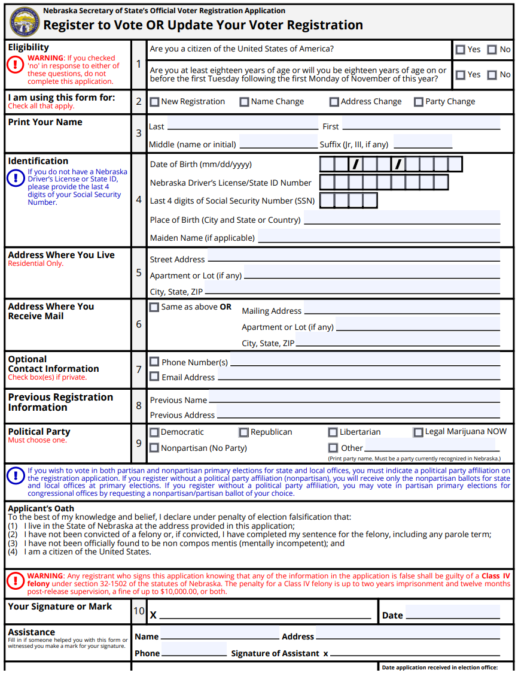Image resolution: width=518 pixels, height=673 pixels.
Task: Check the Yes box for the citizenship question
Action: pyautogui.click(x=460, y=50)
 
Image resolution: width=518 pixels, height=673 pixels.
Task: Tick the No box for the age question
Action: pyautogui.click(x=492, y=75)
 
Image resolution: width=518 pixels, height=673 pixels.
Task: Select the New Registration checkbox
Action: pyautogui.click(x=154, y=102)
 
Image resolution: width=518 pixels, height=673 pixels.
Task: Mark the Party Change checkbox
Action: pyautogui.click(x=419, y=102)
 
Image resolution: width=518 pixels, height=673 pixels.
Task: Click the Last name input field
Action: pyautogui.click(x=242, y=124)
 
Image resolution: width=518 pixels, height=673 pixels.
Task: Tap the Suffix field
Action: pyautogui.click(x=422, y=142)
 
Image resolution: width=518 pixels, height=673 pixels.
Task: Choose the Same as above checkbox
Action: pyautogui.click(x=154, y=307)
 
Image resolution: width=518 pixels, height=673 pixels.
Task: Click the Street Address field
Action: pyautogui.click(x=354, y=256)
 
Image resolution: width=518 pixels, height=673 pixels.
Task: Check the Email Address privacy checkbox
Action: pyautogui.click(x=154, y=377)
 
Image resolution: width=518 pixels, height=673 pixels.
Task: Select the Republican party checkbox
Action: pyautogui.click(x=243, y=432)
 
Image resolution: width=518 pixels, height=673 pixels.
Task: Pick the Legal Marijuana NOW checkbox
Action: pyautogui.click(x=418, y=432)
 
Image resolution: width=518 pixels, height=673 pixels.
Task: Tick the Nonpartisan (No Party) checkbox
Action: pyautogui.click(x=154, y=448)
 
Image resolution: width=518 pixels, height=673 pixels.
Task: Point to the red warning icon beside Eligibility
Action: pyautogui.click(x=16, y=65)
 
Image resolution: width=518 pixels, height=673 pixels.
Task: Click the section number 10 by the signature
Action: pyautogui.click(x=139, y=611)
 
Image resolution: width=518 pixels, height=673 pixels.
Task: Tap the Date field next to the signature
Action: pyautogui.click(x=452, y=612)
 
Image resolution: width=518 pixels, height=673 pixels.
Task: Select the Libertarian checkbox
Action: pyautogui.click(x=333, y=432)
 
